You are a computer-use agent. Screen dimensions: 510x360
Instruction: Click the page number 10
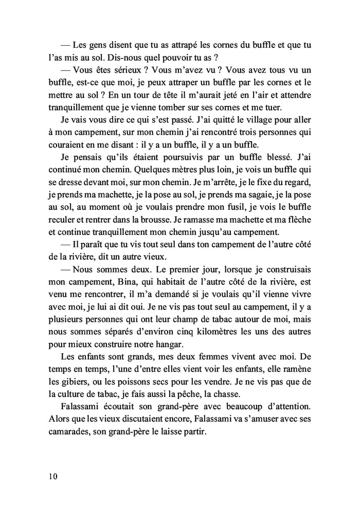(x=50, y=476)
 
